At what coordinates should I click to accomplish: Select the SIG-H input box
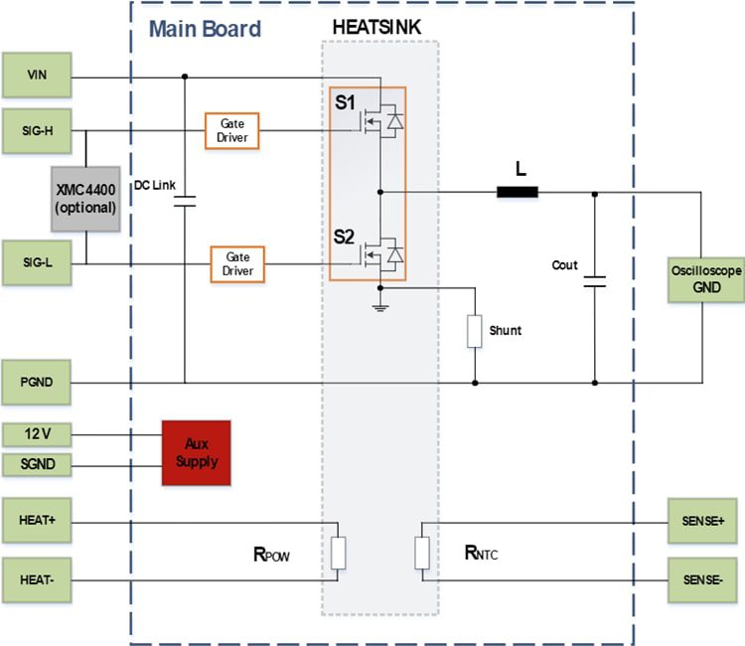click(37, 131)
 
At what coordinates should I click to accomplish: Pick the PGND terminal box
click(37, 382)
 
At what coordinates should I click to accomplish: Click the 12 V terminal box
click(37, 435)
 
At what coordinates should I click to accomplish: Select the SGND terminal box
click(37, 463)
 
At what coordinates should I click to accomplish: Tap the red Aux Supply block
click(196, 453)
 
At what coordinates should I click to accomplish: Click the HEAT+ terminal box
click(37, 522)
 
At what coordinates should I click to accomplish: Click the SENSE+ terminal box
click(706, 522)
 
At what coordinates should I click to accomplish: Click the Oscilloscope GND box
click(706, 279)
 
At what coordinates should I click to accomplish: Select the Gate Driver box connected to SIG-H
click(232, 130)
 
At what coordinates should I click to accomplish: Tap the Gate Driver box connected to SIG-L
click(237, 263)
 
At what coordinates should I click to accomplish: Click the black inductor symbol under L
click(518, 193)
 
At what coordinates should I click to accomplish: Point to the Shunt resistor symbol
click(475, 331)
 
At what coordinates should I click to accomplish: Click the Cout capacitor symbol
click(595, 282)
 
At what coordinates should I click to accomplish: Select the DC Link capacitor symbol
click(185, 202)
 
